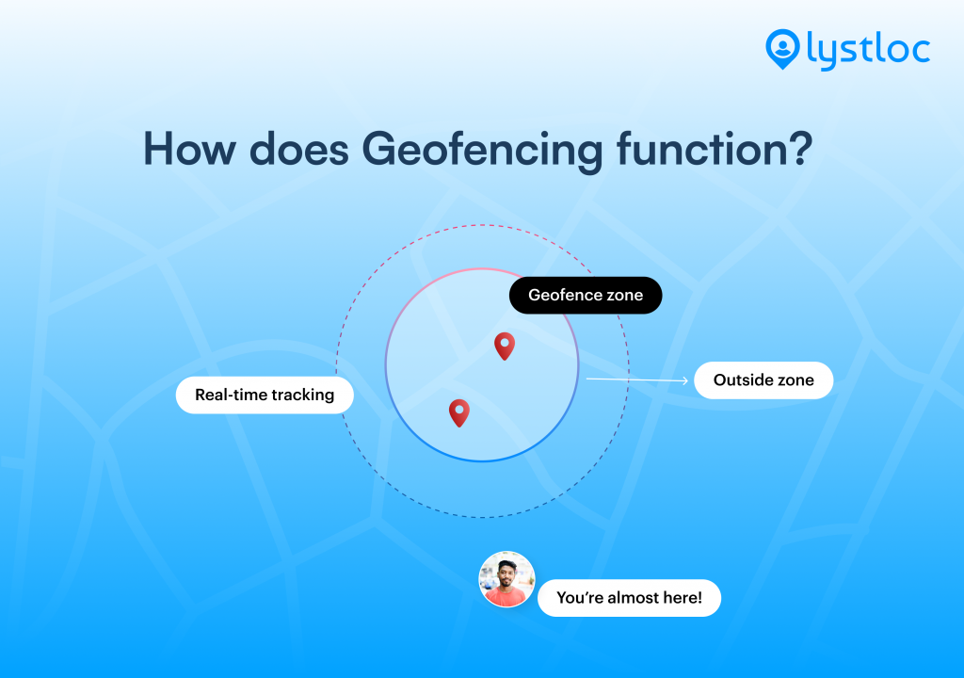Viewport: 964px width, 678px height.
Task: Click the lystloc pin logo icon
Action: point(781,48)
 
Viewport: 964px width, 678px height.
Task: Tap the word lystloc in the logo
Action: point(868,49)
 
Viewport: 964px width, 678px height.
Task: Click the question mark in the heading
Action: point(798,149)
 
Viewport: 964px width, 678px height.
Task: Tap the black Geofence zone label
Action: point(586,295)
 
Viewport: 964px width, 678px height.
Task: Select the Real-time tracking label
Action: point(265,395)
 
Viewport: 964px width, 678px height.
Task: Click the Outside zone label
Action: point(763,380)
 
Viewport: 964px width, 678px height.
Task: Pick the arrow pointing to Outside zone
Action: point(636,380)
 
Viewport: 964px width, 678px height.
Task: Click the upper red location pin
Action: point(505,345)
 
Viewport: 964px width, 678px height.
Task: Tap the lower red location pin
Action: point(459,412)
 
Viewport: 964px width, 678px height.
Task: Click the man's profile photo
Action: point(506,579)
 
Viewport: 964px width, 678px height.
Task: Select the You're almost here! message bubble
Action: point(629,598)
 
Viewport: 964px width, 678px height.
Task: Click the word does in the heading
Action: point(300,149)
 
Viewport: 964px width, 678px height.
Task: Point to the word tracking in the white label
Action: point(303,395)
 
